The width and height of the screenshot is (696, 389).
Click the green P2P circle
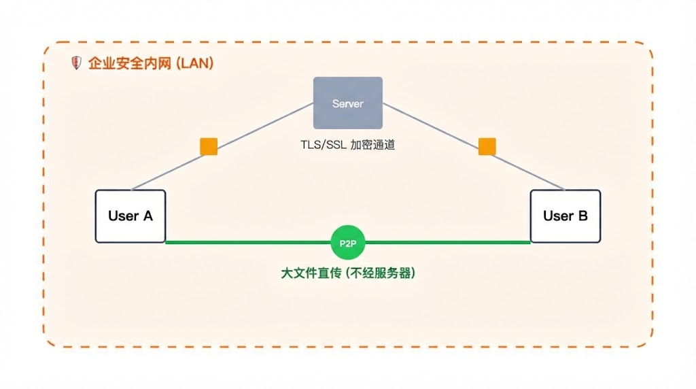pos(347,242)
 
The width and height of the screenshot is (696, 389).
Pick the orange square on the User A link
pos(208,147)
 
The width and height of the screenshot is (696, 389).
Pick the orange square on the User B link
pos(487,147)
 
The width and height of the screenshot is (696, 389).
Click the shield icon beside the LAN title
pos(76,63)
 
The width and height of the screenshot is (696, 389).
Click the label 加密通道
pos(372,146)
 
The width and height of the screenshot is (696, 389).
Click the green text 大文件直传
pos(309,273)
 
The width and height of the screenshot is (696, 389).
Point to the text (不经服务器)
pos(380,273)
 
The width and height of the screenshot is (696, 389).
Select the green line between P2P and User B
pos(449,242)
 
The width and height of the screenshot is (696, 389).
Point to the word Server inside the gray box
pos(347,104)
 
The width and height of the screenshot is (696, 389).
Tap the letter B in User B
pos(582,216)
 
